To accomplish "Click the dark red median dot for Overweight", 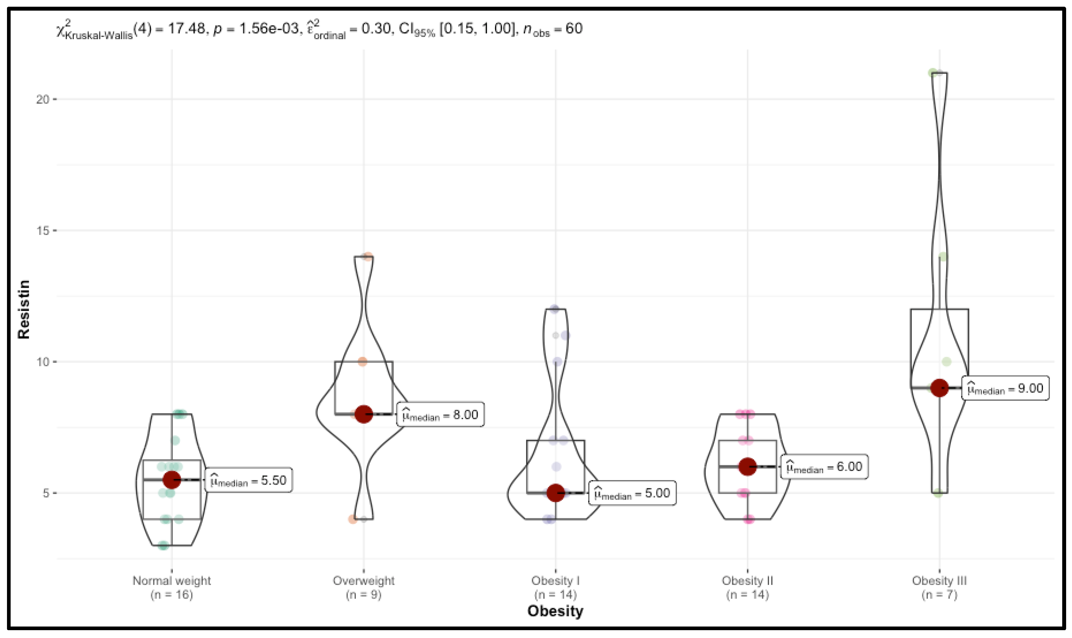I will click(x=364, y=414).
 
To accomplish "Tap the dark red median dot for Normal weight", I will click(x=172, y=480).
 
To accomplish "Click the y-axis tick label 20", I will click(x=43, y=99).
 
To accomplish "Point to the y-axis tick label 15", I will click(x=43, y=231).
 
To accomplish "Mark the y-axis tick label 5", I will click(x=46, y=493).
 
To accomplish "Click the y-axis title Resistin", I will click(x=24, y=309).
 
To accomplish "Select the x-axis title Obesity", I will click(x=555, y=611).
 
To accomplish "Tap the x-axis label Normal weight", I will click(x=172, y=581).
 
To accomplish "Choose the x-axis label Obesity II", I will click(x=747, y=581).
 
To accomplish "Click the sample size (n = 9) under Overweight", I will click(x=364, y=595).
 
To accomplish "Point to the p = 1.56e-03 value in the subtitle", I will click(x=256, y=29).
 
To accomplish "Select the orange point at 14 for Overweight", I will click(x=367, y=257).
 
